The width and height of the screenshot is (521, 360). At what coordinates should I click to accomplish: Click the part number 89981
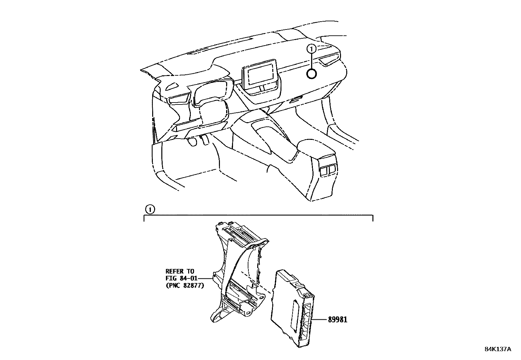[x=338, y=319]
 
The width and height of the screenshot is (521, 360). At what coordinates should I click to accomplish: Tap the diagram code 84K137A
[x=497, y=349]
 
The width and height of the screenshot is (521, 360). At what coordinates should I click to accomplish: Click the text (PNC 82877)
[x=185, y=286]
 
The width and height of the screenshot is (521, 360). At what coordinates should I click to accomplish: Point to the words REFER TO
[x=180, y=271]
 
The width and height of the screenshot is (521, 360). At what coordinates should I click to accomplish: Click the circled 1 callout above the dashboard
[x=312, y=49]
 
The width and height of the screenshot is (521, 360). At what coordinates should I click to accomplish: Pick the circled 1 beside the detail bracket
[x=149, y=209]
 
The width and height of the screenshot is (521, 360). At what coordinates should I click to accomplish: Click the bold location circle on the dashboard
[x=312, y=74]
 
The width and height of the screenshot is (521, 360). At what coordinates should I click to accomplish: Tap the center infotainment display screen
[x=260, y=74]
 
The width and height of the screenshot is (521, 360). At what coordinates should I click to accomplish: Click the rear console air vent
[x=328, y=169]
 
